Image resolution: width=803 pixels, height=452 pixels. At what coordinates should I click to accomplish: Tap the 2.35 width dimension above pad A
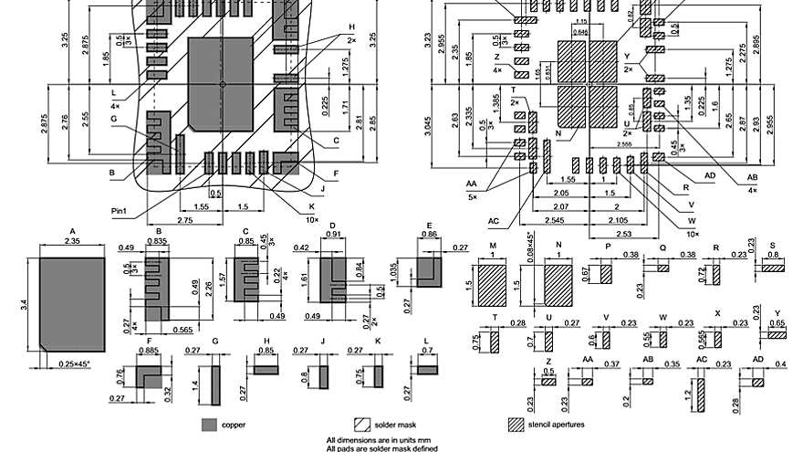click(x=70, y=241)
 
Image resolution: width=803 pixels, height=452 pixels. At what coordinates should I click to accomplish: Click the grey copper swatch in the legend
click(x=209, y=425)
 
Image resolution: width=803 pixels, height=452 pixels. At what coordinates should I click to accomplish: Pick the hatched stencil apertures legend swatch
click(x=516, y=425)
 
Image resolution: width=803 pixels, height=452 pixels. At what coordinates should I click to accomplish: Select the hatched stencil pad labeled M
click(x=492, y=285)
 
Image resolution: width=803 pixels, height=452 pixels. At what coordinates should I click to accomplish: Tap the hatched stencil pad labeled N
click(x=558, y=285)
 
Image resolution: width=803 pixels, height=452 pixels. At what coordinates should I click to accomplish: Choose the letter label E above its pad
click(x=429, y=226)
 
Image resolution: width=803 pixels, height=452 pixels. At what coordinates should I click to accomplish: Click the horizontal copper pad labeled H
click(x=266, y=368)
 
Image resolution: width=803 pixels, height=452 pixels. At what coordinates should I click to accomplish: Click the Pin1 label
click(x=120, y=211)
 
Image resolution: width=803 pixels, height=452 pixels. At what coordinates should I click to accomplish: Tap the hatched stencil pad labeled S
click(x=773, y=268)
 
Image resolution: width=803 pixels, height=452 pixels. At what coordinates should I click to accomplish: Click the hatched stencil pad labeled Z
click(x=548, y=381)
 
